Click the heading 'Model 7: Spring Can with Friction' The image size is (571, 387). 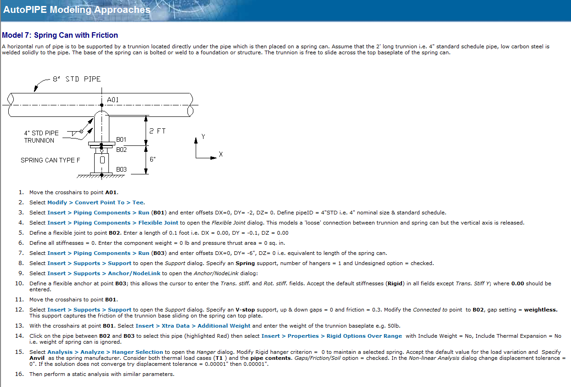click(x=60, y=35)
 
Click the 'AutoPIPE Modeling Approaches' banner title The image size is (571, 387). click(x=77, y=9)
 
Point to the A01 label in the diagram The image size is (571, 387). click(x=113, y=99)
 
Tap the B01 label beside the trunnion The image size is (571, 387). click(x=121, y=139)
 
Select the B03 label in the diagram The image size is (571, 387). click(x=121, y=169)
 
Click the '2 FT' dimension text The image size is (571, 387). click(x=158, y=131)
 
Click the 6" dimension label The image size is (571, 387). click(x=153, y=159)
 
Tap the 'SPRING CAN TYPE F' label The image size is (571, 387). click(x=50, y=160)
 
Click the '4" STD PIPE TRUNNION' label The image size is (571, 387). click(x=41, y=137)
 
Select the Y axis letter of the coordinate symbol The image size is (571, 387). click(x=203, y=137)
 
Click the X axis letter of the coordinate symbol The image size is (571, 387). click(x=221, y=155)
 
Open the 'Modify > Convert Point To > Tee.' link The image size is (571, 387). click(x=96, y=202)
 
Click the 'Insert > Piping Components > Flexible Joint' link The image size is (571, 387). click(x=113, y=223)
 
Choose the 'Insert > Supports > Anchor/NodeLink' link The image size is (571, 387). click(x=105, y=273)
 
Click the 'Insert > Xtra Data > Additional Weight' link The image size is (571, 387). click(x=193, y=326)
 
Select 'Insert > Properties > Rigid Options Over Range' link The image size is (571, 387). click(x=332, y=336)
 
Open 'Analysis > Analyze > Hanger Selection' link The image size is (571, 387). click(x=105, y=352)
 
